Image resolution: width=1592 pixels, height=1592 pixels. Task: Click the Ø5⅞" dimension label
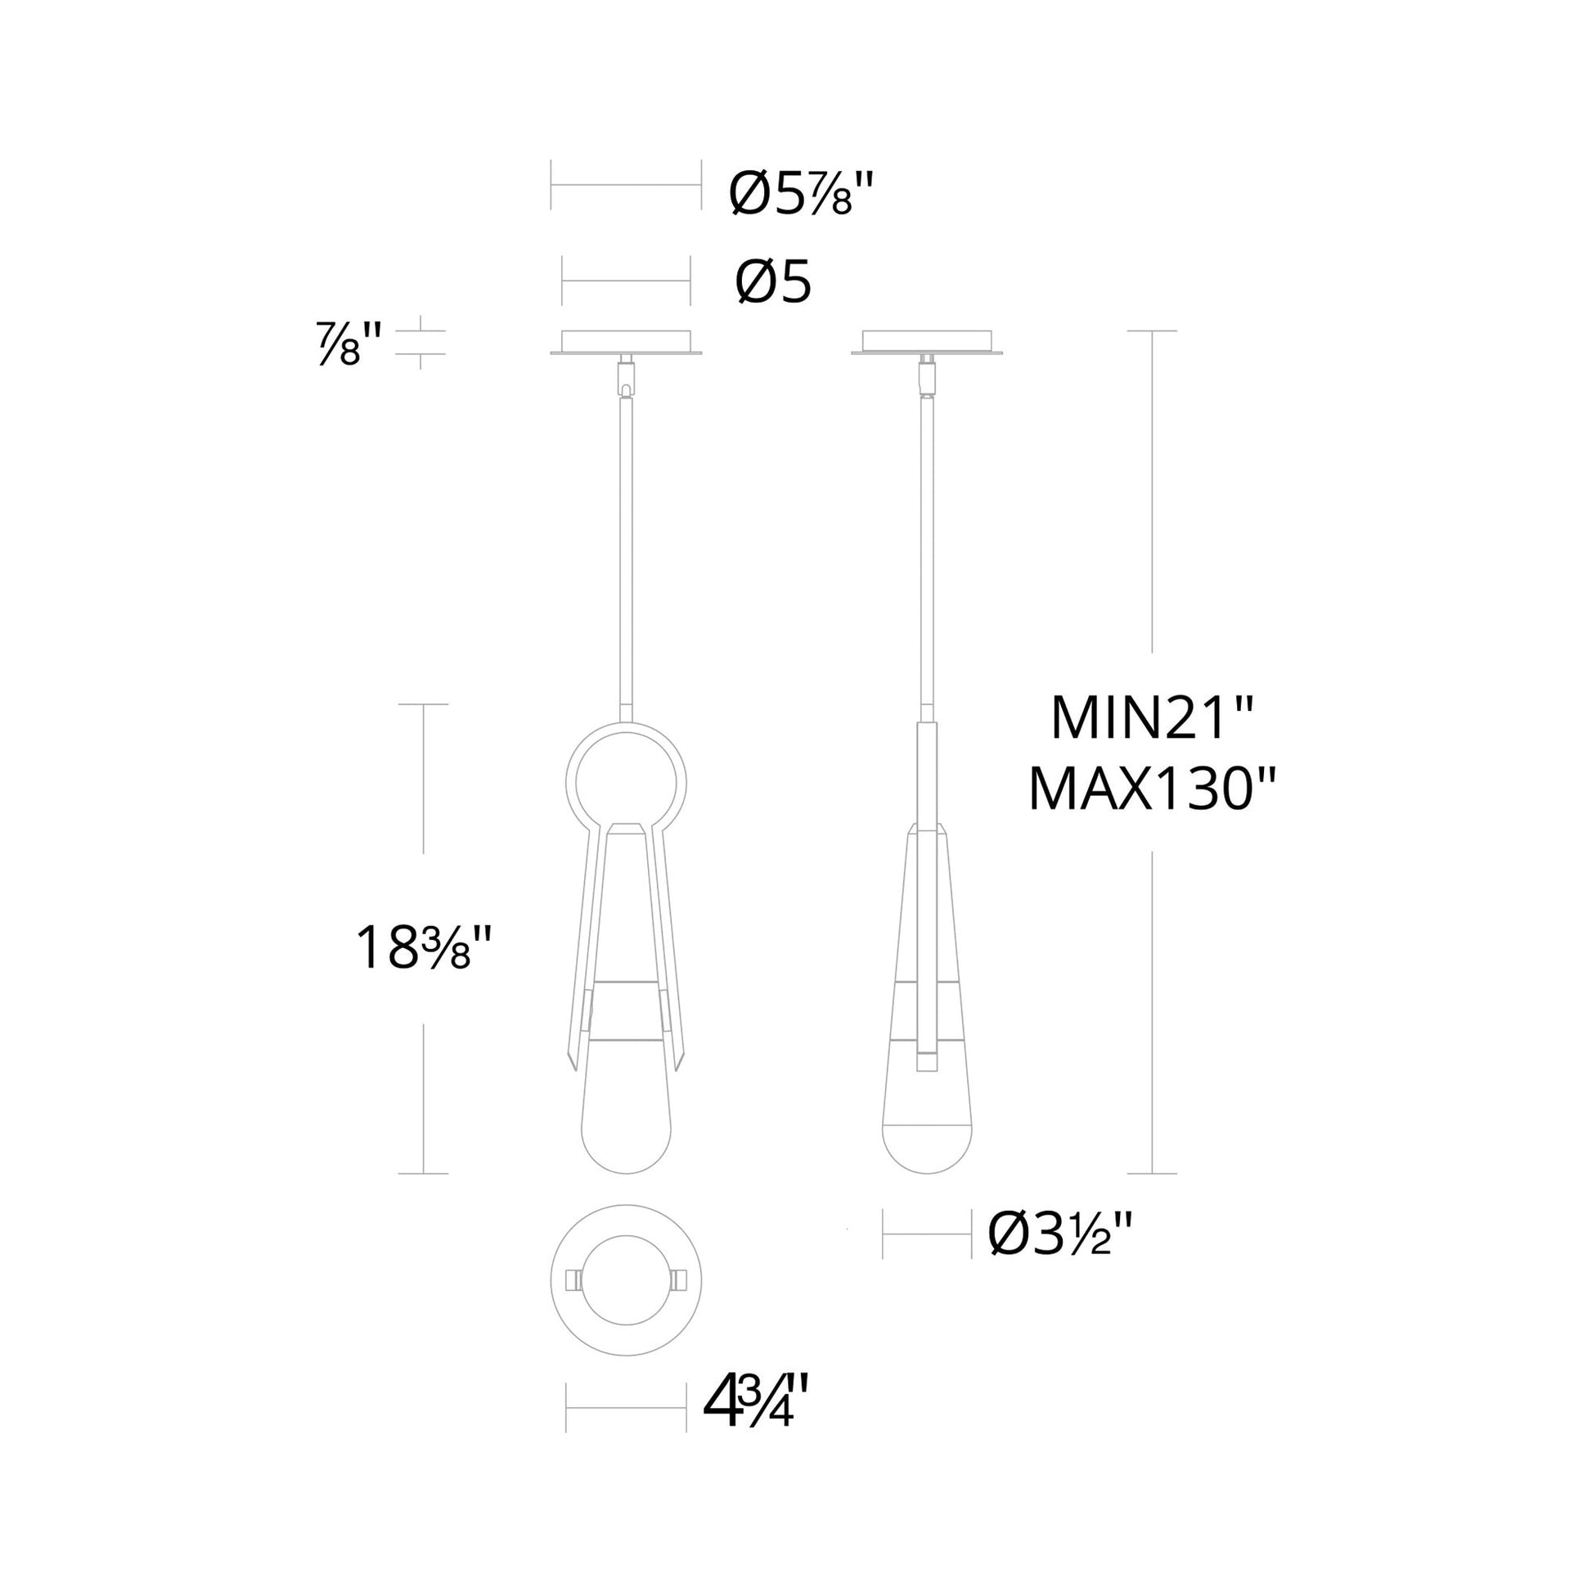point(798,195)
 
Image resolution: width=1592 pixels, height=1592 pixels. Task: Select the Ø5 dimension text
point(773,283)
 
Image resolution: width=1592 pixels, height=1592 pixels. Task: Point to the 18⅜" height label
point(425,947)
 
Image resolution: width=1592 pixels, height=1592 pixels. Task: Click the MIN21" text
point(1152,718)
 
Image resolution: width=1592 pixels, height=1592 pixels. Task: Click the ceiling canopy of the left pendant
point(627,342)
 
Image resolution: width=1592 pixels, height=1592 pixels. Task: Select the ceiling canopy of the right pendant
point(927,342)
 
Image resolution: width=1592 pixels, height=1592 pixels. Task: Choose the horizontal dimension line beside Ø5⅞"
point(627,185)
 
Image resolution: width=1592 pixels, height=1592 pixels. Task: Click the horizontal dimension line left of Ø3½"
point(927,1257)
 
